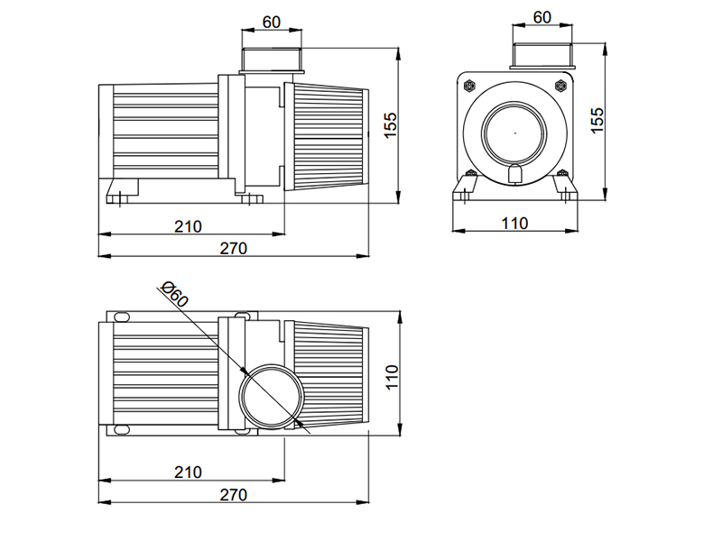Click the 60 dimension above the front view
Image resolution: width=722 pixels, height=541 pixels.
pyautogui.click(x=541, y=17)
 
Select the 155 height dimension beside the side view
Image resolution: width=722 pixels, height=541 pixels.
pyautogui.click(x=390, y=124)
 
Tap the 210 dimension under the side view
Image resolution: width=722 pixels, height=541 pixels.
pyautogui.click(x=188, y=225)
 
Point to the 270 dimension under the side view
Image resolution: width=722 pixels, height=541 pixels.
pyautogui.click(x=232, y=248)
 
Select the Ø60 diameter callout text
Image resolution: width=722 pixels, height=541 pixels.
pyautogui.click(x=174, y=294)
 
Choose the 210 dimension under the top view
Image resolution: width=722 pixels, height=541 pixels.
pyautogui.click(x=188, y=472)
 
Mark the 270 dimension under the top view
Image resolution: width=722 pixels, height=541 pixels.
pyautogui.click(x=232, y=494)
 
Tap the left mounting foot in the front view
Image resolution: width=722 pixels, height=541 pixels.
pyautogui.click(x=466, y=188)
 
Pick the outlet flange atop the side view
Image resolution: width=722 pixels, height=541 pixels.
pyautogui.click(x=272, y=61)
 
